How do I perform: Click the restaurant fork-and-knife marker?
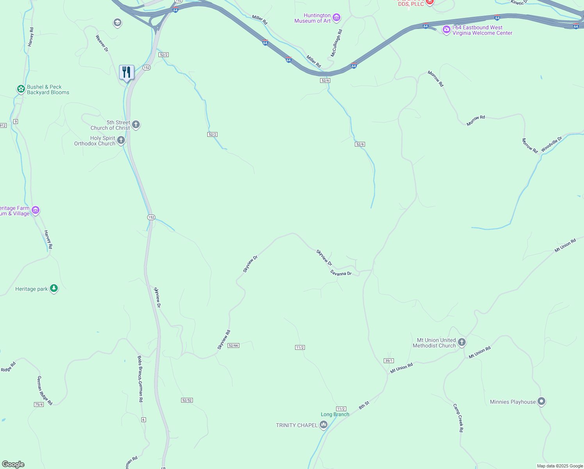126,72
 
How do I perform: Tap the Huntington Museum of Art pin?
337,18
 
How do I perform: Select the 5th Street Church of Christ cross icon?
136,125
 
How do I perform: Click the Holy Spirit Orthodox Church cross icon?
121,140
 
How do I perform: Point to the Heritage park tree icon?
54,289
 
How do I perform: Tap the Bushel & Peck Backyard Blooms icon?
21,89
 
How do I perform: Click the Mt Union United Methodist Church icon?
461,343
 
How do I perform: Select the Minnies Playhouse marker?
541,401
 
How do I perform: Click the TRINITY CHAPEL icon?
323,425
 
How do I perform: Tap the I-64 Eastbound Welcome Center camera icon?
446,30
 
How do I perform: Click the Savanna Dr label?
341,273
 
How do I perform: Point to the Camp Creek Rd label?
458,418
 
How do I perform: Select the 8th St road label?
364,405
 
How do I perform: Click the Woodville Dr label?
552,144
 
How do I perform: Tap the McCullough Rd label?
336,43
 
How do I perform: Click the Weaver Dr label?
102,43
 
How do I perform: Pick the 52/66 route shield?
233,345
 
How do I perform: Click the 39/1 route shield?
388,361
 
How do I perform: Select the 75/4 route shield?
39,405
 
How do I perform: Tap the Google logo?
13,464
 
